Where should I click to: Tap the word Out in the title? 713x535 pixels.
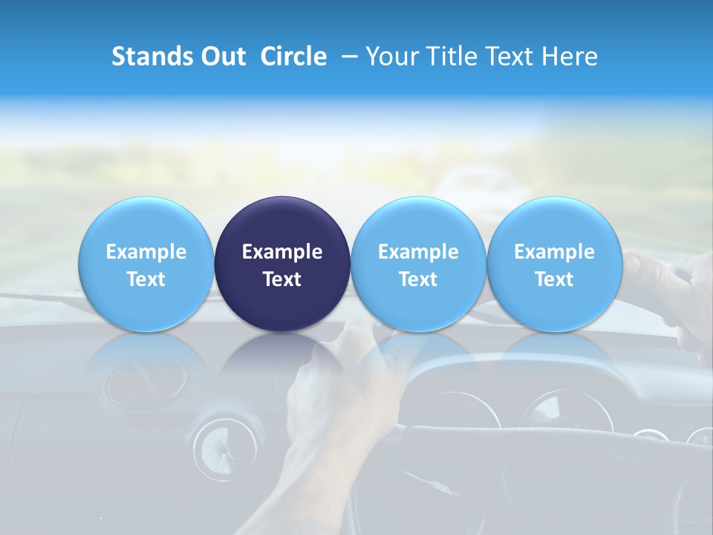coord(224,56)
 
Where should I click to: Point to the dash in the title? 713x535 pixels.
coord(346,57)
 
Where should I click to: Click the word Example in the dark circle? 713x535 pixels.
coord(282,252)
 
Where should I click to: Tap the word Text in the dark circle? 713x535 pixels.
coord(282,279)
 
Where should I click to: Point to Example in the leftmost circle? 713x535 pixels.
coord(146,252)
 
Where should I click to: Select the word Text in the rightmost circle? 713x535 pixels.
coord(554,279)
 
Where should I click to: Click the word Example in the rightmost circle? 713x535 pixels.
coord(554,252)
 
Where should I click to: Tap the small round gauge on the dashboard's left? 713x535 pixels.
coord(215,445)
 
